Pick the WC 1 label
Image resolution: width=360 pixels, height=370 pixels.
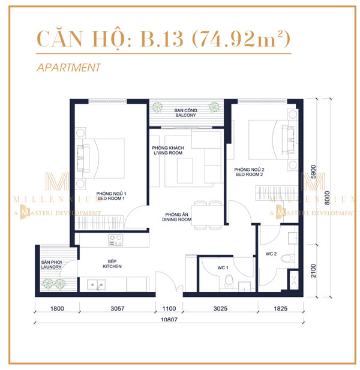coord(221,267)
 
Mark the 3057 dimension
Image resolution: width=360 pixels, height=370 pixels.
coord(116,310)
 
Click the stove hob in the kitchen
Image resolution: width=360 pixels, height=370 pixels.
coord(115,240)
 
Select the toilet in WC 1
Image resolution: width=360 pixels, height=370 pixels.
coord(228,281)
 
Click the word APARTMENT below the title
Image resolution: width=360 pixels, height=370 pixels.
coord(68,68)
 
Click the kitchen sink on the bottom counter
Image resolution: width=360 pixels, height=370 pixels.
coord(95,284)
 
